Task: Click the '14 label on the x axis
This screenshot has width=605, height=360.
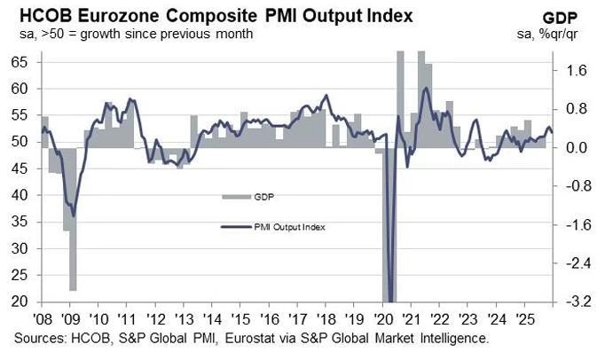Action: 215,317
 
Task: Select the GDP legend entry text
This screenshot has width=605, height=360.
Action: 263,196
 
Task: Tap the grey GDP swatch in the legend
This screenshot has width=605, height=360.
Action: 235,196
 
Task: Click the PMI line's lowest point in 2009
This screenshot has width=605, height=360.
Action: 73,215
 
